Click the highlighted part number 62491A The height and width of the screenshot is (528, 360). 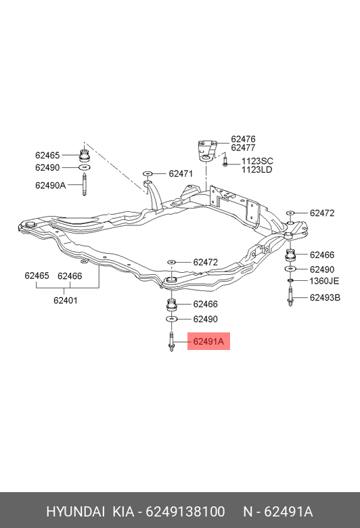pos(208,341)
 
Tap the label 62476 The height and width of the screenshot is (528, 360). pos(243,139)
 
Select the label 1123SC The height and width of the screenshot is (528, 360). pos(257,161)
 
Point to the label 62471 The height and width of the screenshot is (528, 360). pos(181,174)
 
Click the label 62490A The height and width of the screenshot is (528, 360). pos(51,185)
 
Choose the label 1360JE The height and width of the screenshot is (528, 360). pos(324,281)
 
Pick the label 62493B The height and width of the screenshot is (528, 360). pos(325,298)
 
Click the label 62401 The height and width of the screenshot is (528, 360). pos(66,300)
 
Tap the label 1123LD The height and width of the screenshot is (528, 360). pos(256,170)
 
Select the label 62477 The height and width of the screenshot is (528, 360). pos(243,148)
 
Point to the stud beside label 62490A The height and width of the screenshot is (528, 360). pos(84,185)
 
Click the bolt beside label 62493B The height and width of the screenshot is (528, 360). pos(290,296)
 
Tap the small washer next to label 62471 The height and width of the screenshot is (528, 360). pos(148,173)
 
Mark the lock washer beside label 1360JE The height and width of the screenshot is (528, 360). pos(290,280)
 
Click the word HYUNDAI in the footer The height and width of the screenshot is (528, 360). pos(75,512)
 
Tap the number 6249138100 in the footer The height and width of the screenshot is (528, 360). pos(185,512)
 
